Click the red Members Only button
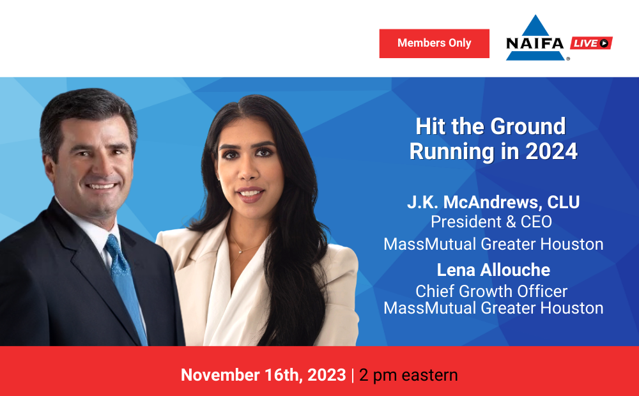tap(434, 43)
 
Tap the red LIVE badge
tap(591, 43)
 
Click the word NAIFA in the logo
tap(535, 43)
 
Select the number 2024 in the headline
tap(551, 151)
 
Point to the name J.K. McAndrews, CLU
tap(493, 202)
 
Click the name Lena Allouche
tap(493, 270)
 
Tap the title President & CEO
tap(491, 222)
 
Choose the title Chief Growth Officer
tap(491, 291)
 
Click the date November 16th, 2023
tap(263, 375)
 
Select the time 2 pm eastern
tap(408, 375)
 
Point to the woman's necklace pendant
tap(241, 252)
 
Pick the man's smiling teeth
tap(101, 187)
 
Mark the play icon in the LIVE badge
tap(604, 43)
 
